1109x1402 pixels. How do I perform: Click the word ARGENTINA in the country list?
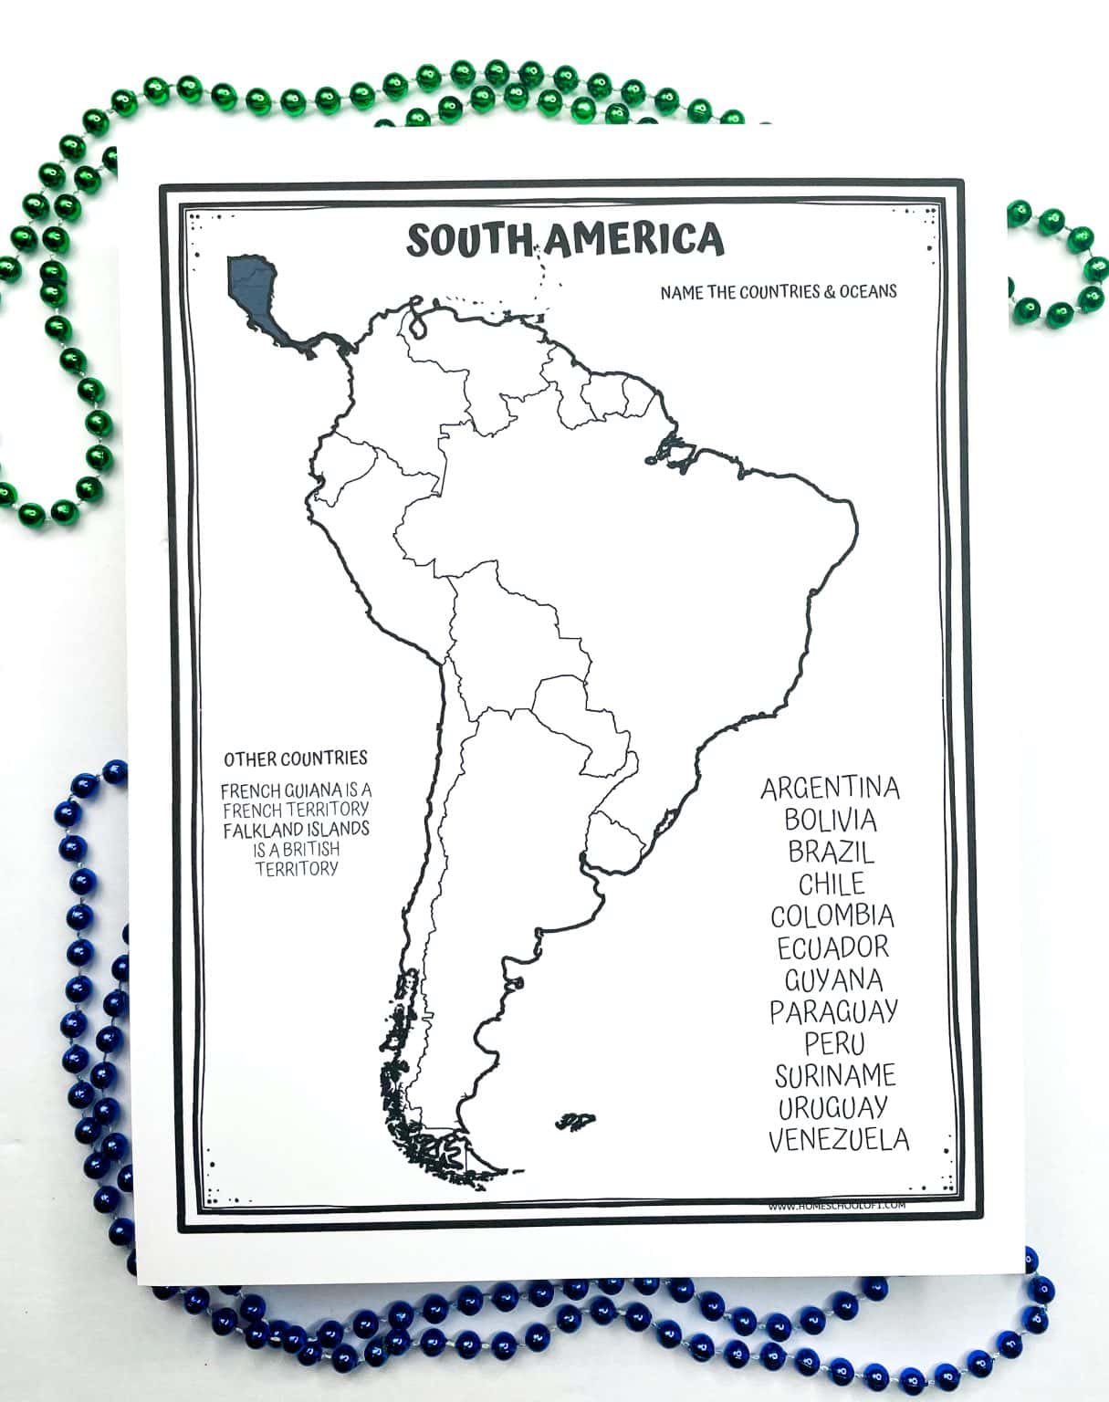click(830, 788)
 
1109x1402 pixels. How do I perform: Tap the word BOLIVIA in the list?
click(831, 820)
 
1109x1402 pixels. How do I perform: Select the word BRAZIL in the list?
click(832, 852)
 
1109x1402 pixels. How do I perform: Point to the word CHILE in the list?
click(832, 884)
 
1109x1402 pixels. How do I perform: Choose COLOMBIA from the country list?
click(832, 915)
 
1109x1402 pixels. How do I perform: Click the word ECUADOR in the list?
click(832, 947)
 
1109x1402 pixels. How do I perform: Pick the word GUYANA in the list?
click(833, 979)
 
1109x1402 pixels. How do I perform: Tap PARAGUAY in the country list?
click(833, 1011)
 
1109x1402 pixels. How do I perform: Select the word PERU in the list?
click(834, 1043)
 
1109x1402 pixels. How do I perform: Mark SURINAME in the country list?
click(835, 1075)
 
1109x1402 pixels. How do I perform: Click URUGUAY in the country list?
click(832, 1107)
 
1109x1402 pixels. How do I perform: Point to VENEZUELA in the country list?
click(838, 1139)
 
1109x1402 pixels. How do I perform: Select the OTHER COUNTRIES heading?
click(296, 759)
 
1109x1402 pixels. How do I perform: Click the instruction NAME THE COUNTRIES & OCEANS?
click(778, 292)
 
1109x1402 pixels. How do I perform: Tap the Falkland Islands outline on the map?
click(576, 1121)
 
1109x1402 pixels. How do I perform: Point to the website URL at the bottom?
click(836, 1206)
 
